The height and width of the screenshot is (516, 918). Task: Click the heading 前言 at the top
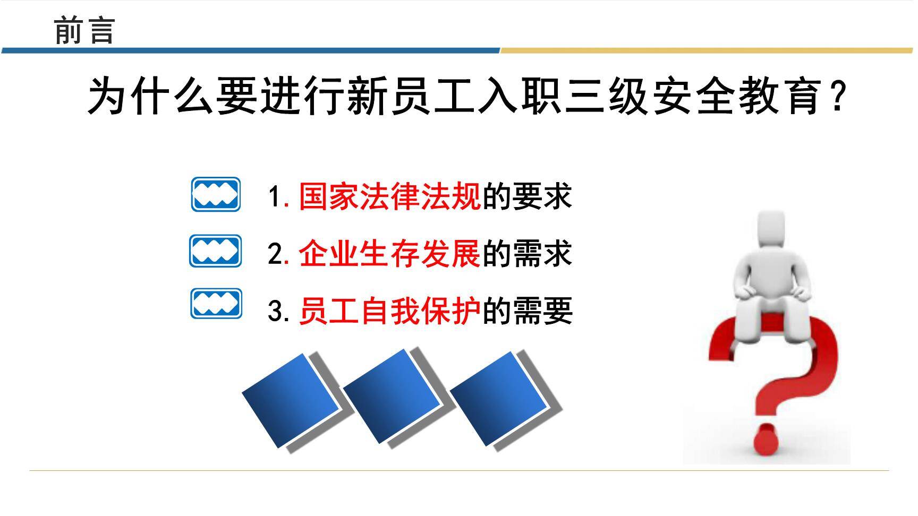(84, 30)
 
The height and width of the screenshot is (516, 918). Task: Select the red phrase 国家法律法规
(390, 196)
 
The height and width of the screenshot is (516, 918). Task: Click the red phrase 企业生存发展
(390, 253)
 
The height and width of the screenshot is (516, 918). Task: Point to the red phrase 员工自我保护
(390, 311)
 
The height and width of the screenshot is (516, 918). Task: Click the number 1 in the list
(274, 197)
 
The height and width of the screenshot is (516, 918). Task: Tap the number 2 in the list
(275, 254)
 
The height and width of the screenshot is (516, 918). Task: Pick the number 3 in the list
(275, 311)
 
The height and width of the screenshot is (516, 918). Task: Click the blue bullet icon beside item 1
(216, 194)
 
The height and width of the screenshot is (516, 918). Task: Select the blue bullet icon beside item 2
(215, 251)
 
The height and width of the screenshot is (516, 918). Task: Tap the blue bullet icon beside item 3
(216, 304)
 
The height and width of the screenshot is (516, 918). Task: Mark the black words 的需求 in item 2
(526, 253)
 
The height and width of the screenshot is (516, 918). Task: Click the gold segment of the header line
(707, 51)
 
